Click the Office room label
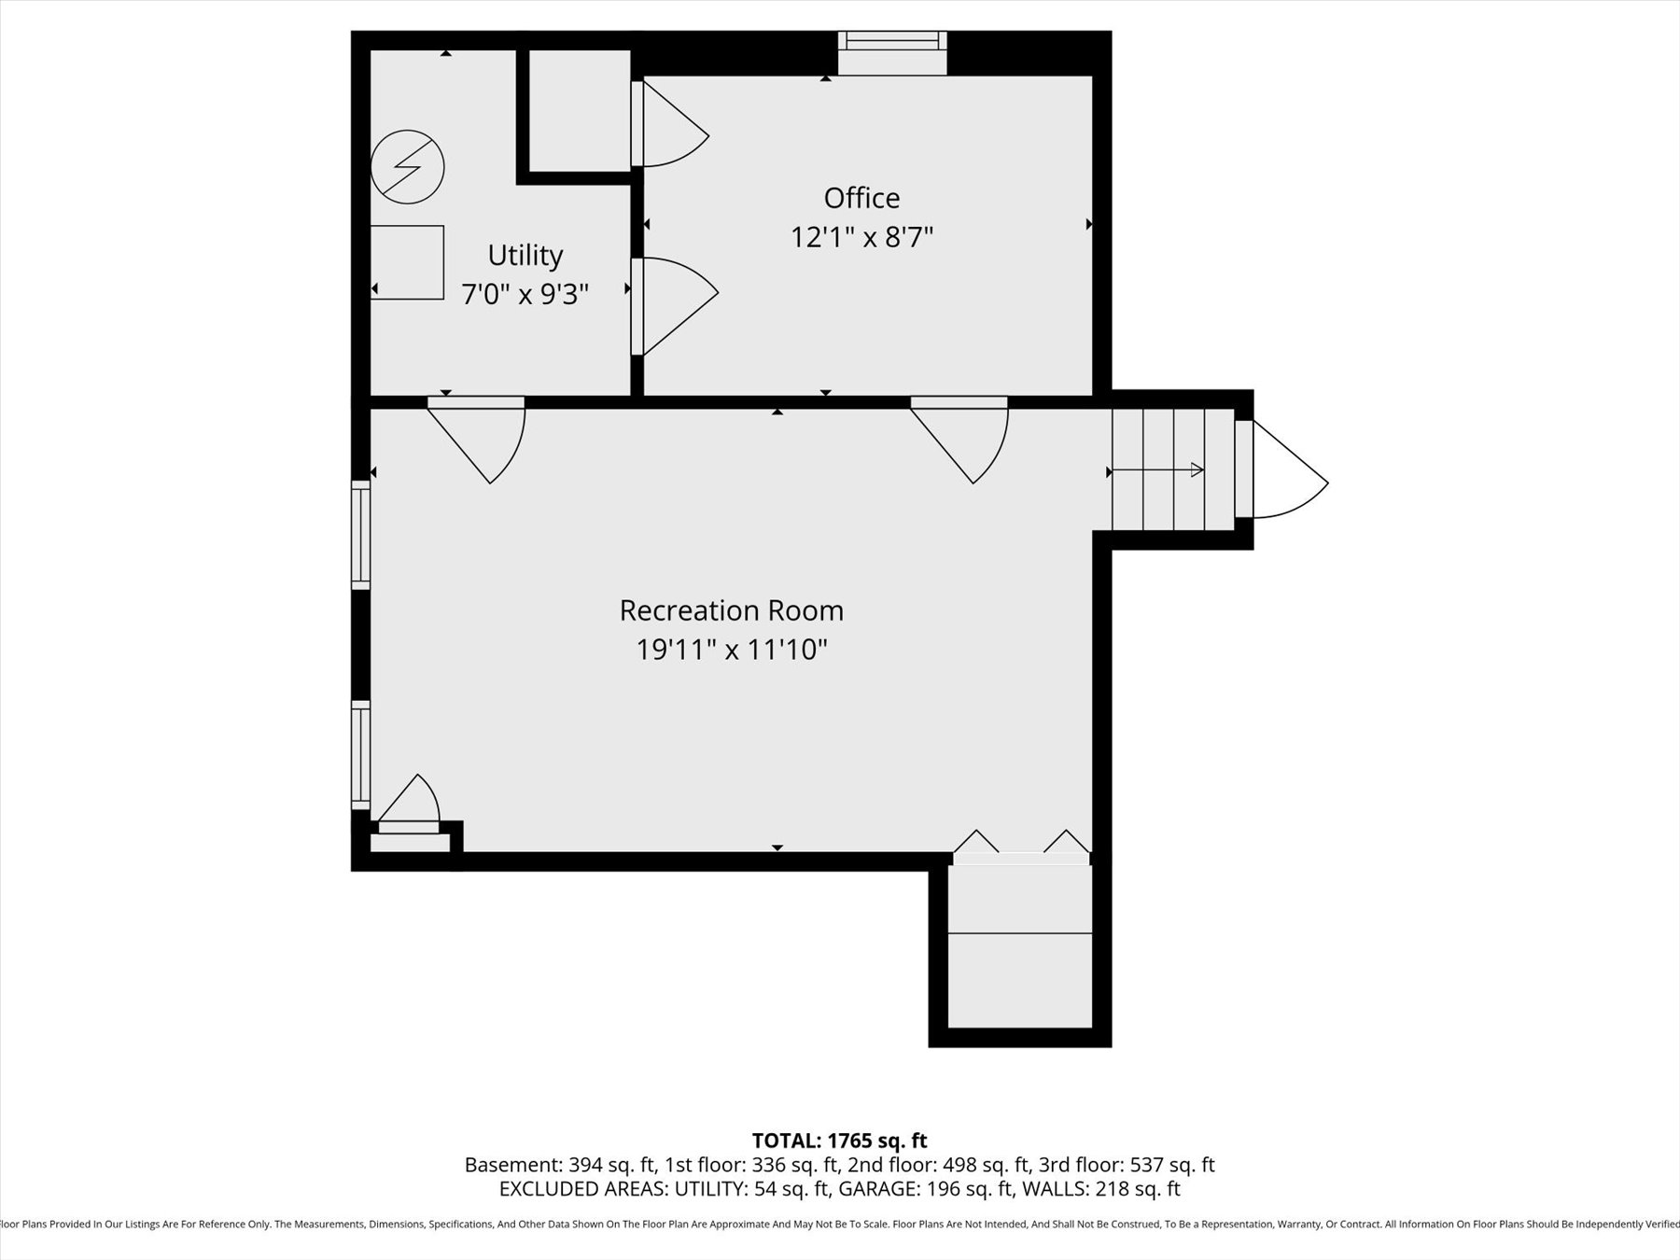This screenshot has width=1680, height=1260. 861,198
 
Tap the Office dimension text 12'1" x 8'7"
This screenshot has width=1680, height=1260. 861,237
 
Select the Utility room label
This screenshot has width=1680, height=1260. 525,255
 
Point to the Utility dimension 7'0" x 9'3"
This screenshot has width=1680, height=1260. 525,295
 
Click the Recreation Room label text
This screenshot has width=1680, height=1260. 731,610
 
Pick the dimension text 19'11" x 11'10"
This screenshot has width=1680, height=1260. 731,650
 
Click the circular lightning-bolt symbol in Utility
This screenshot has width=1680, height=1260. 407,167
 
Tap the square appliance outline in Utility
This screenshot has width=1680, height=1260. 407,262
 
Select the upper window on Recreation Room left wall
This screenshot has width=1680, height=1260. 360,535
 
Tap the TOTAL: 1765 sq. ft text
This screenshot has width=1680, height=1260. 839,1141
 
